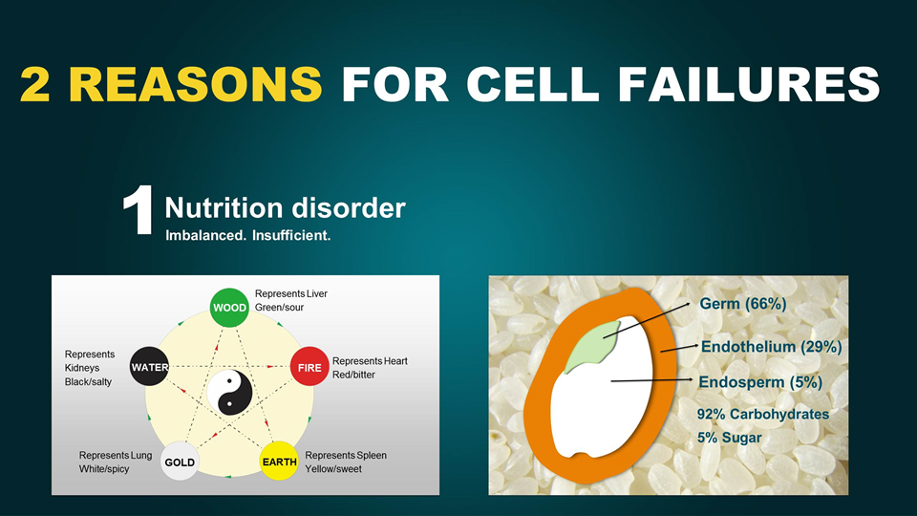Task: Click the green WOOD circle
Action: pos(229,308)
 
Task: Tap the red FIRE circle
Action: pos(309,367)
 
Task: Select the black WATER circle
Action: pos(149,367)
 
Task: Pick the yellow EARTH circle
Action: pos(279,461)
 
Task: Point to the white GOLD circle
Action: pos(180,462)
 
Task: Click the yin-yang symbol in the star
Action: pos(229,393)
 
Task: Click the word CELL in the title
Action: pos(532,84)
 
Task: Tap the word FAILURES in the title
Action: pos(749,84)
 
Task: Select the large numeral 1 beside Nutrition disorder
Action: pos(139,210)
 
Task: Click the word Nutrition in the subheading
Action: pos(224,207)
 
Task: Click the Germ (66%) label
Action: pos(743,304)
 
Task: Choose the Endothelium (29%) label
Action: pos(772,347)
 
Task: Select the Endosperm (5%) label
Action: pos(760,382)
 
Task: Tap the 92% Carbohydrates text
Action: pos(762,414)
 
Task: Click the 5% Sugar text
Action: pos(729,438)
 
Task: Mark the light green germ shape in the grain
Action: pos(591,346)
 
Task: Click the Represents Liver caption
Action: pos(290,293)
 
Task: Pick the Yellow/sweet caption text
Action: pos(333,468)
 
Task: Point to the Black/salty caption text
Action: pos(88,381)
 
